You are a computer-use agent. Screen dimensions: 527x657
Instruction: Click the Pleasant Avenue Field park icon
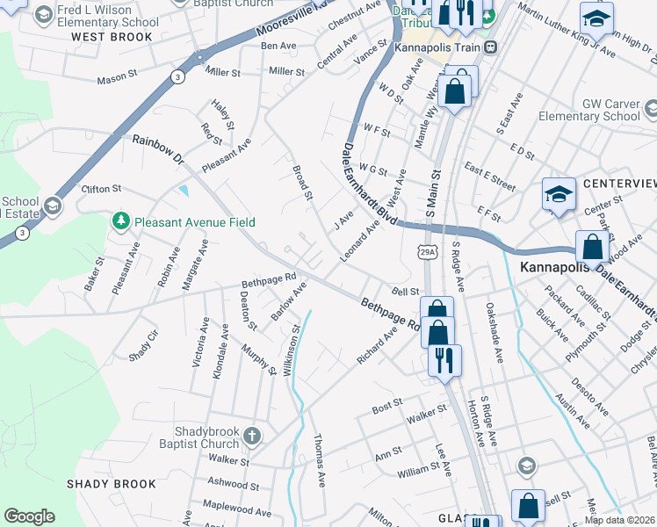click(120, 222)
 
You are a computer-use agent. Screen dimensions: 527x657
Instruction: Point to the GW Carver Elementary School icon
click(650, 109)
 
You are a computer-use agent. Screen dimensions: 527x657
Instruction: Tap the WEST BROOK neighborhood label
click(112, 37)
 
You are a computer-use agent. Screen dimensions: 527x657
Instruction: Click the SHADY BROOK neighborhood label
click(112, 484)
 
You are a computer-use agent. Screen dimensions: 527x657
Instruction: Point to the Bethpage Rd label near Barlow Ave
click(269, 280)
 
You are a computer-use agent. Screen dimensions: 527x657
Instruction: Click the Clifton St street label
click(100, 189)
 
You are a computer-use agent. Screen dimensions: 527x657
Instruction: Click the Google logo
click(29, 516)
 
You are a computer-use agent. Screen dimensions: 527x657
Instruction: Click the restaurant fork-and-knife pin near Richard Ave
click(444, 361)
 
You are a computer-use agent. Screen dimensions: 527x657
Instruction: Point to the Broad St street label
click(302, 183)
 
